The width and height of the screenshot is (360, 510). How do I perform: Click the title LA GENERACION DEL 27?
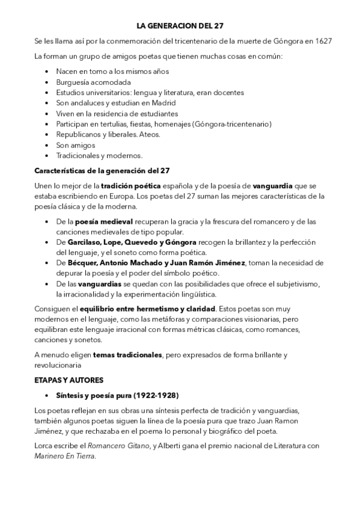(180, 26)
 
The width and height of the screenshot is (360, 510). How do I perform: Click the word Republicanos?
(79, 134)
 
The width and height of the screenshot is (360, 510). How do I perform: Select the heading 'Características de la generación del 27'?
(102, 170)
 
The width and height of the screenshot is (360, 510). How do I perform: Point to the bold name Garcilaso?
(85, 242)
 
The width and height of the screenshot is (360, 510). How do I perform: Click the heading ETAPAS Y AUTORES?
(69, 380)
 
